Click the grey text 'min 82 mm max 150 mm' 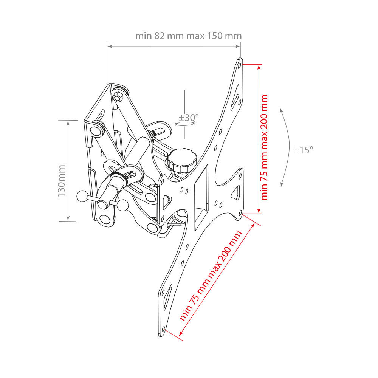point(189,36)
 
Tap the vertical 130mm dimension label point(62,181)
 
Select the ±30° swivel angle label point(189,118)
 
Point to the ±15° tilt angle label point(303,150)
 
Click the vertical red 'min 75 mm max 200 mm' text point(264,147)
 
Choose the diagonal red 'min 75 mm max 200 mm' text point(211,276)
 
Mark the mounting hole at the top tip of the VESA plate point(239,65)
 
